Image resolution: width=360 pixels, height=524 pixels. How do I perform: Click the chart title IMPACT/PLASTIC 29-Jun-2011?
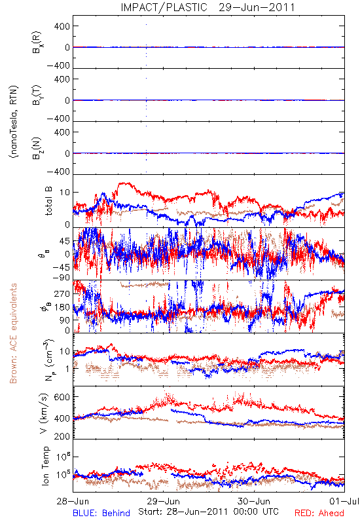click(x=207, y=7)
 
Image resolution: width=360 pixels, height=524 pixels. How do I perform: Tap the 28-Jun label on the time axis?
click(x=73, y=501)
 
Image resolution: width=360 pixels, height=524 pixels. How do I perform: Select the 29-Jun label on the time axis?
click(x=164, y=501)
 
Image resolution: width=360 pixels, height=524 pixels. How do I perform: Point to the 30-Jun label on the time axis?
click(x=254, y=501)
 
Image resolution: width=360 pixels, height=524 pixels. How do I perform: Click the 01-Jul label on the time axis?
click(x=344, y=501)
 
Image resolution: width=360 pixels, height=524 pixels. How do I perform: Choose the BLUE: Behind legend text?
click(x=101, y=513)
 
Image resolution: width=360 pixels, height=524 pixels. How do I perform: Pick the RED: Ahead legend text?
click(x=319, y=513)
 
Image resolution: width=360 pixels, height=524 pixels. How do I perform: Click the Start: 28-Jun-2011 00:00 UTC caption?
click(x=208, y=512)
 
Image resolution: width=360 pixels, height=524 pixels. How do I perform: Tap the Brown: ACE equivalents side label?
click(x=13, y=333)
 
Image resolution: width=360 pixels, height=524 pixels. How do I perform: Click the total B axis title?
click(x=48, y=201)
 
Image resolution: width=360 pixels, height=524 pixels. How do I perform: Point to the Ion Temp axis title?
click(x=45, y=466)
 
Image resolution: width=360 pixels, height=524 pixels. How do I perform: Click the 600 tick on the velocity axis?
click(x=62, y=397)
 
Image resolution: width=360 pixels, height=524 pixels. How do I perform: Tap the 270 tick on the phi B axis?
click(x=62, y=293)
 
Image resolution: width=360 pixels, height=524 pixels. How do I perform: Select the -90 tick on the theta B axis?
click(x=61, y=278)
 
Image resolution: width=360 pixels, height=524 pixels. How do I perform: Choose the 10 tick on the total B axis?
click(x=65, y=193)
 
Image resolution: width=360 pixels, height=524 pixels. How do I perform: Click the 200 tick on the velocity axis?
click(x=62, y=436)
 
